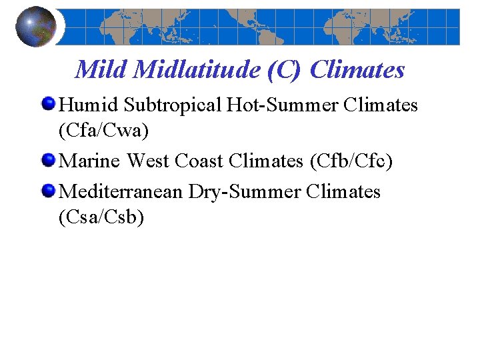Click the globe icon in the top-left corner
coord(36,27)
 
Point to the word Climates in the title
coord(357,69)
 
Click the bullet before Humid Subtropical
coord(49,105)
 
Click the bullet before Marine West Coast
coord(49,161)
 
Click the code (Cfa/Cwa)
coord(103,131)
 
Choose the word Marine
coord(90,161)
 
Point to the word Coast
coord(197,161)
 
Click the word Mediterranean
coord(120,192)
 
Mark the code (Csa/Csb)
coord(101,218)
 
